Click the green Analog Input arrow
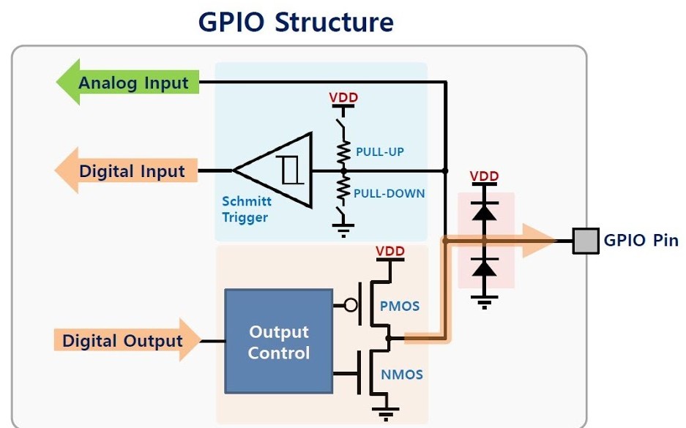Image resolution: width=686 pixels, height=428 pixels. [128, 83]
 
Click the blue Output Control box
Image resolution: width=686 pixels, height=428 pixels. [278, 342]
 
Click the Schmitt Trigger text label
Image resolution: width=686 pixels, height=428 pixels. [246, 209]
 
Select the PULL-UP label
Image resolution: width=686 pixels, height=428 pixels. [380, 152]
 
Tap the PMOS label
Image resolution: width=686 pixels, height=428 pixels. [400, 306]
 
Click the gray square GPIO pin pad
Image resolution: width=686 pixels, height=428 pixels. [585, 240]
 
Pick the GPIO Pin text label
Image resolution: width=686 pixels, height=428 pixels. [641, 240]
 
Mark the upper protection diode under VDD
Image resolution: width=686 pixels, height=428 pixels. [483, 211]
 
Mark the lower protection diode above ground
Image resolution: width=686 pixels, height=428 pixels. [483, 268]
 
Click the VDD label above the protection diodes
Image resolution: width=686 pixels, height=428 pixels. [484, 176]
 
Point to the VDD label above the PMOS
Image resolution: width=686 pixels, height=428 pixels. [390, 252]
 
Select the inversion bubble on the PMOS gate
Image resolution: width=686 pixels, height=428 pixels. [351, 305]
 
